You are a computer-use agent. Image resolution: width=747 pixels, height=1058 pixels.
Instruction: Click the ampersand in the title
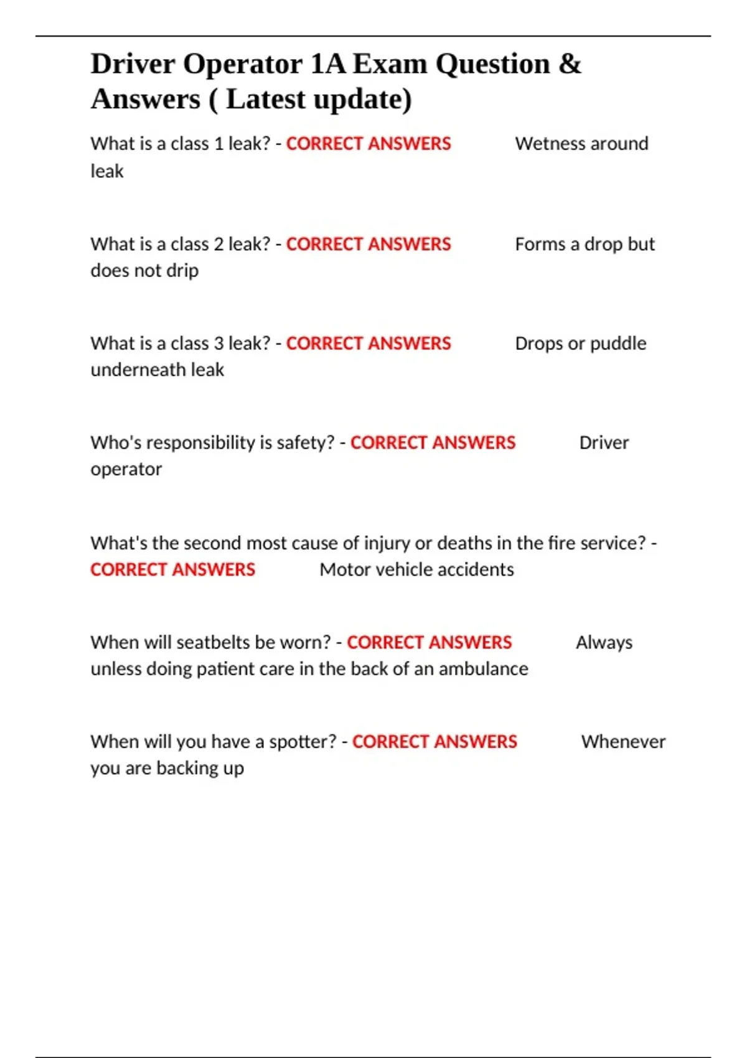(x=570, y=64)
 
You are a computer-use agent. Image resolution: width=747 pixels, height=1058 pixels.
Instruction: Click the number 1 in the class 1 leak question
(x=218, y=144)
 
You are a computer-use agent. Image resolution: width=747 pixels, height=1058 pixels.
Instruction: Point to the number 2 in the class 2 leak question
(x=218, y=244)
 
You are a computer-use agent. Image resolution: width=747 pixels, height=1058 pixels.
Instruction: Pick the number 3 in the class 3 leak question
(x=218, y=344)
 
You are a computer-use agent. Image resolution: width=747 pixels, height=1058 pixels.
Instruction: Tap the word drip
(x=183, y=271)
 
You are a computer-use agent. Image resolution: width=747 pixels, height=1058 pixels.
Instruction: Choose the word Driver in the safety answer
(x=604, y=443)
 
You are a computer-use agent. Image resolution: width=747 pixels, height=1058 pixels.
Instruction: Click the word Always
(x=604, y=642)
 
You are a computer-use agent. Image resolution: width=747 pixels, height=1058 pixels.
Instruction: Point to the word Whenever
(x=623, y=742)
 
